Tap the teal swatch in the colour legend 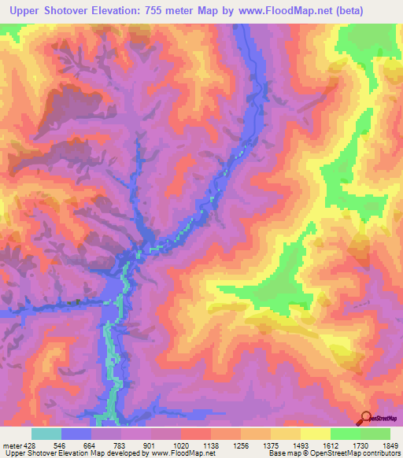coord(46,434)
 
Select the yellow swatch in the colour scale coord(315,434)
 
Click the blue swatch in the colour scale coord(76,434)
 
